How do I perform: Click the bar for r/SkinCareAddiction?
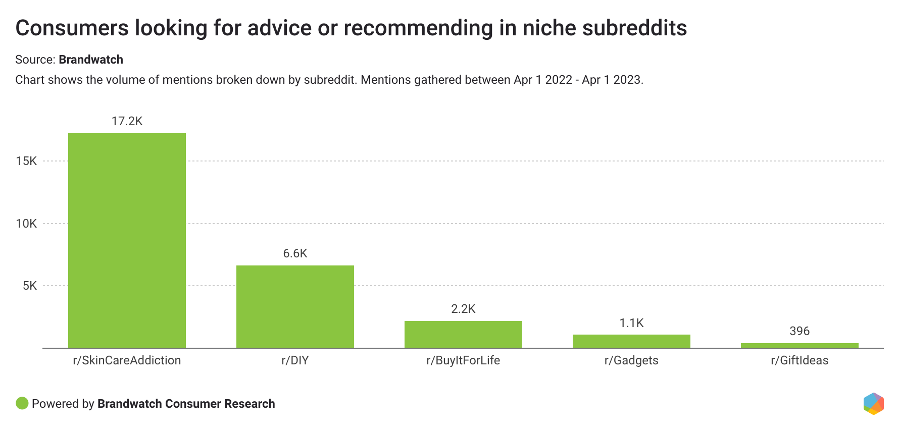click(x=127, y=240)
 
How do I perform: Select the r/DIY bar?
click(x=295, y=306)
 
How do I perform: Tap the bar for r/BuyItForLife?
click(x=463, y=334)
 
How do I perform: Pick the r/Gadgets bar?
click(x=631, y=341)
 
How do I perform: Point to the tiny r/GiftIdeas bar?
click(x=800, y=346)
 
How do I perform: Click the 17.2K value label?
click(x=127, y=121)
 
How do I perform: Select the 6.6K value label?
click(x=295, y=253)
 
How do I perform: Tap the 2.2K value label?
click(x=463, y=309)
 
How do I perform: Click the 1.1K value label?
click(x=631, y=323)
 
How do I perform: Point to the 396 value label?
click(x=800, y=331)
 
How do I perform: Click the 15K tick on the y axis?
click(x=26, y=161)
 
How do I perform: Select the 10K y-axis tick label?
click(x=26, y=224)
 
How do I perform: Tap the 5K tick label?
click(x=30, y=286)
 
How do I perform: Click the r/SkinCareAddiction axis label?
click(x=127, y=360)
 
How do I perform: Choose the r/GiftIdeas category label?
click(x=800, y=360)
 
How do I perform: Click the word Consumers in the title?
click(x=72, y=28)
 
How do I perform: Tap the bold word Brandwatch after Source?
click(x=91, y=60)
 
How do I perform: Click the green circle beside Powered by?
click(x=22, y=403)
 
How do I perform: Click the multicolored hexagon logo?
click(x=873, y=404)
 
